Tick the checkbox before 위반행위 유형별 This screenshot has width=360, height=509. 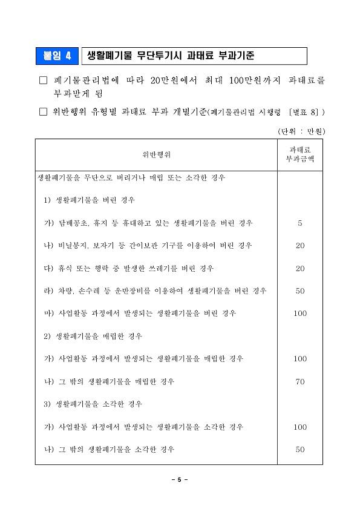tap(42, 111)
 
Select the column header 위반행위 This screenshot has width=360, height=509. tap(156, 154)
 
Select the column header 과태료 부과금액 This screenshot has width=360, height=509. tap(299, 154)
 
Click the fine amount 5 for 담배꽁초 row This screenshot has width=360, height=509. tap(299, 223)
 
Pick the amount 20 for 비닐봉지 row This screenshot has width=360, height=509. tap(299, 246)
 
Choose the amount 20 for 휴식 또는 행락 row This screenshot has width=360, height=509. tap(299, 268)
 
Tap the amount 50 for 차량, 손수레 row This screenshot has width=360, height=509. tap(299, 291)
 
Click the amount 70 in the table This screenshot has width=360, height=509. tap(299, 381)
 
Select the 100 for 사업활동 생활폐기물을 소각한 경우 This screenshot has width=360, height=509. tap(299, 427)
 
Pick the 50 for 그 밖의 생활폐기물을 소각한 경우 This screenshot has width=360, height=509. tap(299, 450)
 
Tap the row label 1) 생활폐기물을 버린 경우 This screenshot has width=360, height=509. tap(89, 200)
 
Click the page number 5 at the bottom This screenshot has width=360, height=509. tap(179, 480)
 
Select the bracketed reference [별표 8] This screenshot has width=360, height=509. tap(305, 112)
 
